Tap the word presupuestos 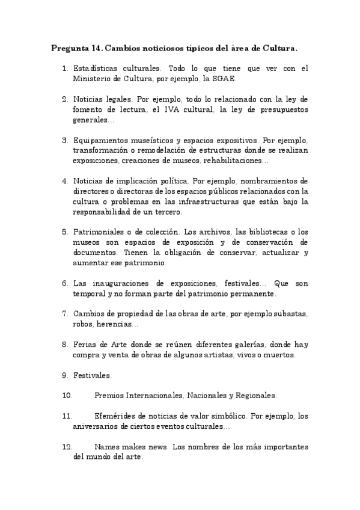[x=282, y=109]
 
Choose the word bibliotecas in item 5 [x=254, y=232]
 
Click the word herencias [x=120, y=324]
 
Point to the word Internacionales [x=152, y=396]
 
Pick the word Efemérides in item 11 [x=118, y=416]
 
